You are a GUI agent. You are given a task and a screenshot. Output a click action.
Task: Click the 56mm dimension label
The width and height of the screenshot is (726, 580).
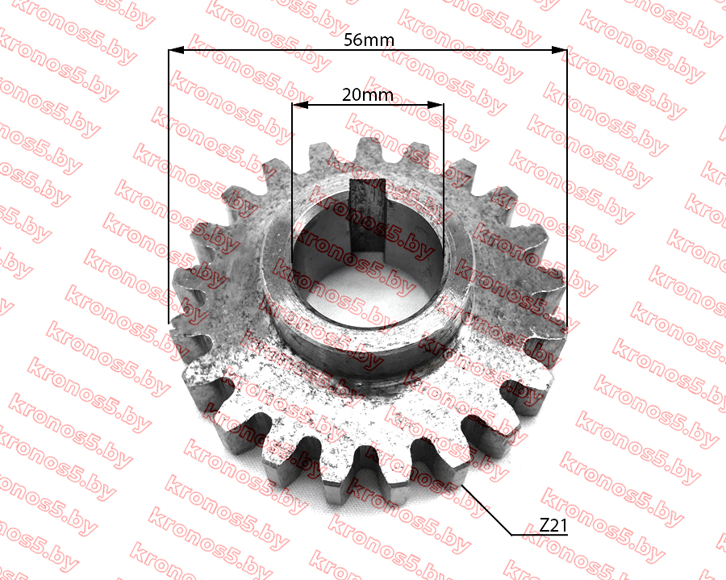[x=369, y=40]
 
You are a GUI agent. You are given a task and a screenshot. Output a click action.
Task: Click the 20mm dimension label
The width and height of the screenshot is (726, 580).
[x=368, y=95]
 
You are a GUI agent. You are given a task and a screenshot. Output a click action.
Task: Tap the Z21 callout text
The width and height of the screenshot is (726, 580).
[x=553, y=525]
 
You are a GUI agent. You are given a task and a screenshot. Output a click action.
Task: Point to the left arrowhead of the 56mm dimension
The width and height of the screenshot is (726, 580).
[x=176, y=49]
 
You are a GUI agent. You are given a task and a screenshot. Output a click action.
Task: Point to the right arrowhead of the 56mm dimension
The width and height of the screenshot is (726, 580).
[x=559, y=49]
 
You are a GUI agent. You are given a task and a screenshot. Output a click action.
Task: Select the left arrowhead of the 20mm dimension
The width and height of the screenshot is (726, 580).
[x=300, y=105]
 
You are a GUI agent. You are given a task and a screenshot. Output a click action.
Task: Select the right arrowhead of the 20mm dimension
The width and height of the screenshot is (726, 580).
[x=436, y=105]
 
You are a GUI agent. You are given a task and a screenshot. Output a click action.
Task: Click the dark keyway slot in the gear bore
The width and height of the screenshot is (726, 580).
[x=367, y=215]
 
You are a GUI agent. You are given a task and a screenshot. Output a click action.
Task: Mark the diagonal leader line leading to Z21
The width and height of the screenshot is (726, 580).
[x=487, y=510]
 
